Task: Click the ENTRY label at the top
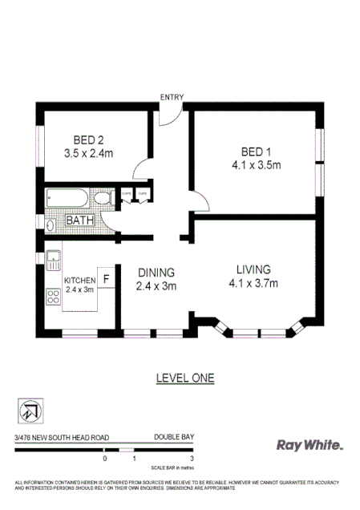click(172, 97)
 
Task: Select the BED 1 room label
click(251, 152)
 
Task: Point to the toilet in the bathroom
click(103, 199)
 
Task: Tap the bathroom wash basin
click(51, 225)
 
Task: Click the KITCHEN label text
click(79, 280)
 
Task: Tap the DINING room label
click(156, 272)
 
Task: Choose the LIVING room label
click(253, 269)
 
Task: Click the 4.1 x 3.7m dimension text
click(253, 282)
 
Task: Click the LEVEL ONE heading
click(184, 377)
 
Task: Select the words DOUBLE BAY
click(174, 437)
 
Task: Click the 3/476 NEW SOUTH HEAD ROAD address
click(62, 437)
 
